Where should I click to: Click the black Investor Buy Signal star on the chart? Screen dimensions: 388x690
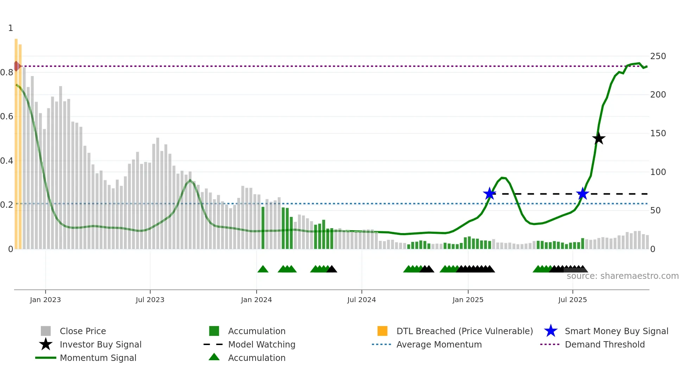point(598,138)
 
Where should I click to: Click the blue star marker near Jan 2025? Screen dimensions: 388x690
point(489,193)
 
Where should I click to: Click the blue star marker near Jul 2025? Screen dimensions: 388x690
point(583,193)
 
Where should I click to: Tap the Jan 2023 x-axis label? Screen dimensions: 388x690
point(45,300)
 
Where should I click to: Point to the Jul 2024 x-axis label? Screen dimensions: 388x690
point(362,300)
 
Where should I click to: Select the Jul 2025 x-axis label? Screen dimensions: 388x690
point(572,300)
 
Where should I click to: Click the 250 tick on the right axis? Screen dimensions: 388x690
point(658,56)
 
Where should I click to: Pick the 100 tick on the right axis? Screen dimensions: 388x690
point(658,172)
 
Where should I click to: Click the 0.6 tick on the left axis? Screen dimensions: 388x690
point(7,117)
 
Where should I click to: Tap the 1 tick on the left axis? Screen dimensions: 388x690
point(11,28)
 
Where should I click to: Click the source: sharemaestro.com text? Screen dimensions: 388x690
point(622,276)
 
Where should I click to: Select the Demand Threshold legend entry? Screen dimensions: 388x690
point(604,344)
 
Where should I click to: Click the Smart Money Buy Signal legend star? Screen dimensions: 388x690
point(551,331)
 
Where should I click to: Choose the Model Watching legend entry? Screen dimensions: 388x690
point(262,344)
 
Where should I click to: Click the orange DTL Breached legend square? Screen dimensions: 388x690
point(382,331)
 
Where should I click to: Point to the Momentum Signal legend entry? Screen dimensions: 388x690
point(98,358)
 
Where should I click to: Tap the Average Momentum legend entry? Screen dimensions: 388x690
point(439,344)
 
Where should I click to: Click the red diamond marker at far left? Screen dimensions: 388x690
point(17,66)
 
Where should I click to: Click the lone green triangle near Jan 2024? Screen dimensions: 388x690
point(263,269)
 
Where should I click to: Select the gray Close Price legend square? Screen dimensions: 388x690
point(46,331)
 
